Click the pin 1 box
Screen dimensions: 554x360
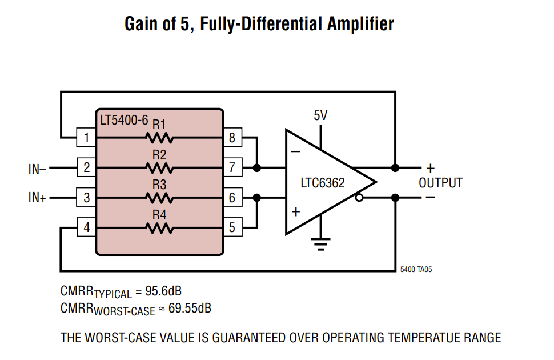tap(86, 137)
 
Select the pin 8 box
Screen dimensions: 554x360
tap(233, 137)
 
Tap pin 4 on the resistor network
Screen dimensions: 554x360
tap(86, 227)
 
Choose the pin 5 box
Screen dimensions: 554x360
tap(233, 227)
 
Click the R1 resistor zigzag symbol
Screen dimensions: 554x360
tap(159, 138)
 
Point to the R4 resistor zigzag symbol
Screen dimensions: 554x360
tap(159, 228)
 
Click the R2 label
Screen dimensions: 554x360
tap(159, 155)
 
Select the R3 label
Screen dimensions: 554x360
tap(159, 185)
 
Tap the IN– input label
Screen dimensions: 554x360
tap(38, 169)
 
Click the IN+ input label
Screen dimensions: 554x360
tap(38, 197)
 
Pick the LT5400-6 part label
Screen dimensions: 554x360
tap(124, 120)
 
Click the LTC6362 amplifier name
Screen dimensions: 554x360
tap(323, 183)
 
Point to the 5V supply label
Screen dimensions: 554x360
tap(320, 115)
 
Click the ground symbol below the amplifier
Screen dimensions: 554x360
tap(321, 245)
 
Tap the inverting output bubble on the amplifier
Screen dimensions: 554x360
tap(359, 198)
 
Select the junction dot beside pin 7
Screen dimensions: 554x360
tap(257, 167)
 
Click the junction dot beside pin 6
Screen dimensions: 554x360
tap(257, 198)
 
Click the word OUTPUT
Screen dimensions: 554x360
tap(440, 183)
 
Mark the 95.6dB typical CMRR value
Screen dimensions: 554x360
tap(163, 291)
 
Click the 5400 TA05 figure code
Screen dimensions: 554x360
tap(416, 270)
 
